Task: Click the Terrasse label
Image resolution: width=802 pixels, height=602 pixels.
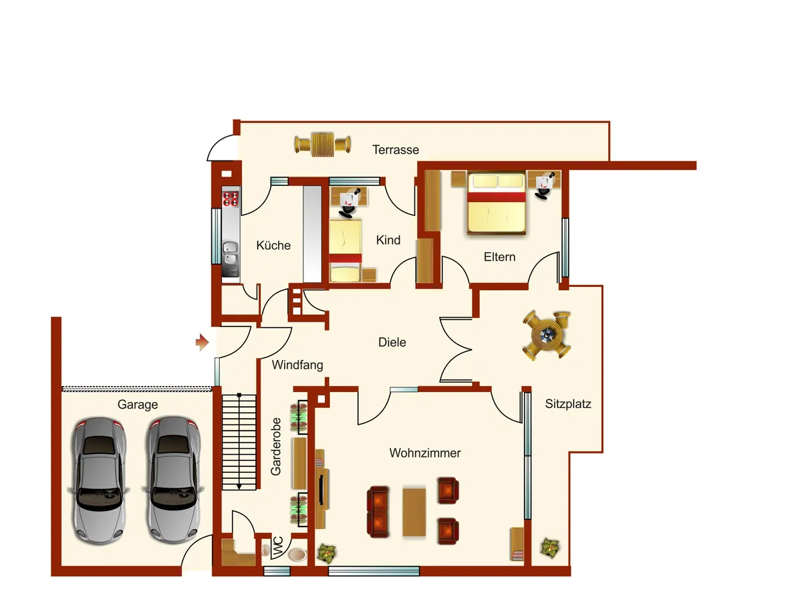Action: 396,149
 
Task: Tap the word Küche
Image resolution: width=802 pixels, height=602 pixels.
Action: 273,245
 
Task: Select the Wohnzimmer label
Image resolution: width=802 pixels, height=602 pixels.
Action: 425,453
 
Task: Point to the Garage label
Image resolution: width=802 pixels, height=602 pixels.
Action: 138,405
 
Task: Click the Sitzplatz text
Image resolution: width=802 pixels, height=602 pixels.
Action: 568,403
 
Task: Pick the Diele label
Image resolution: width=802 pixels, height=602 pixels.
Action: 392,342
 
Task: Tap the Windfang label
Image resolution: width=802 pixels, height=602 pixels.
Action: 297,365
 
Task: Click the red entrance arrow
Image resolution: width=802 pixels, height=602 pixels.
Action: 202,342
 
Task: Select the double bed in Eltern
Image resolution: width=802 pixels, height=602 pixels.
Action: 496,203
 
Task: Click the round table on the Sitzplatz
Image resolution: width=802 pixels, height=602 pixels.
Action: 547,335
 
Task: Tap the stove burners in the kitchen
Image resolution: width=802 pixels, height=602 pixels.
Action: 231,199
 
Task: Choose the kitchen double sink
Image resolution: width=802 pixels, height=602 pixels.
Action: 231,253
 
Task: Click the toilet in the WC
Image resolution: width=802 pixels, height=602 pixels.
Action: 297,554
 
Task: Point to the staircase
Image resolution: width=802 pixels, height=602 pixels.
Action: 239,442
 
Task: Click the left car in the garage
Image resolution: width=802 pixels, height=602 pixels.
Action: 99,481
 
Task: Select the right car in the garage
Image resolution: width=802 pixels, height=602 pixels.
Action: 172,480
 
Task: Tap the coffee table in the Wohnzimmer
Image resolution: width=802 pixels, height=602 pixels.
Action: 414,512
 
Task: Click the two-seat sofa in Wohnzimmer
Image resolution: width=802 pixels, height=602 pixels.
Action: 378,512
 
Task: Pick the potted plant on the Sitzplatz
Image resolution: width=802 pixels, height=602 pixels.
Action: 550,548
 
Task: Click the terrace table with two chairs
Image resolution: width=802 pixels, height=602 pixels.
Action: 323,144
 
